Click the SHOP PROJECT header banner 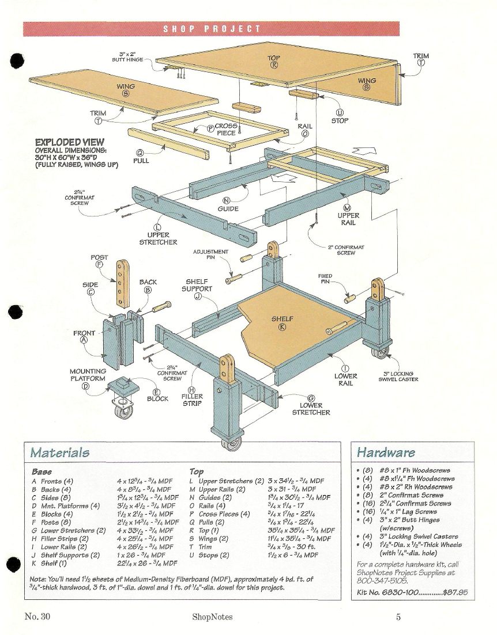click(x=212, y=29)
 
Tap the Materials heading click(x=60, y=452)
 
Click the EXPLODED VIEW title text click(x=70, y=142)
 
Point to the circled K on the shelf click(x=283, y=328)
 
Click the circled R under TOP click(x=274, y=66)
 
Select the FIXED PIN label click(x=325, y=279)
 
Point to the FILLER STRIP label click(x=192, y=400)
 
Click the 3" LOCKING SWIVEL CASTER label click(x=398, y=377)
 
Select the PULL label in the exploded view click(x=141, y=161)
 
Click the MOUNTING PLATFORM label click(x=88, y=375)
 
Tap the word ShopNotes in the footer click(x=213, y=618)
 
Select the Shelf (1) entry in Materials click(x=51, y=563)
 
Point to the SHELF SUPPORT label click(x=198, y=285)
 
